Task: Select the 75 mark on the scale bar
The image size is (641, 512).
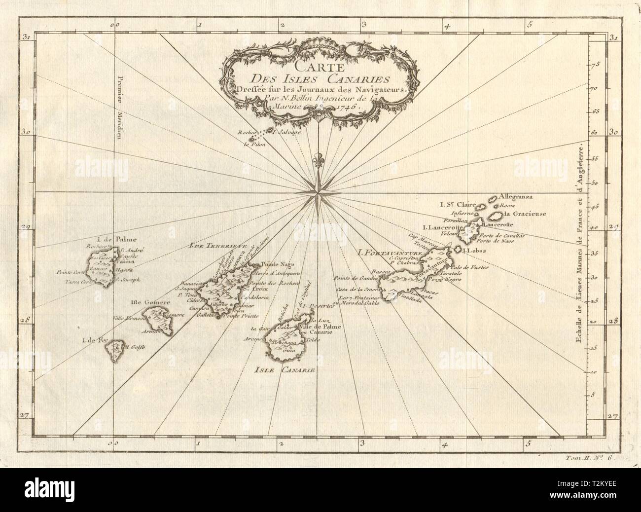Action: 595,64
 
